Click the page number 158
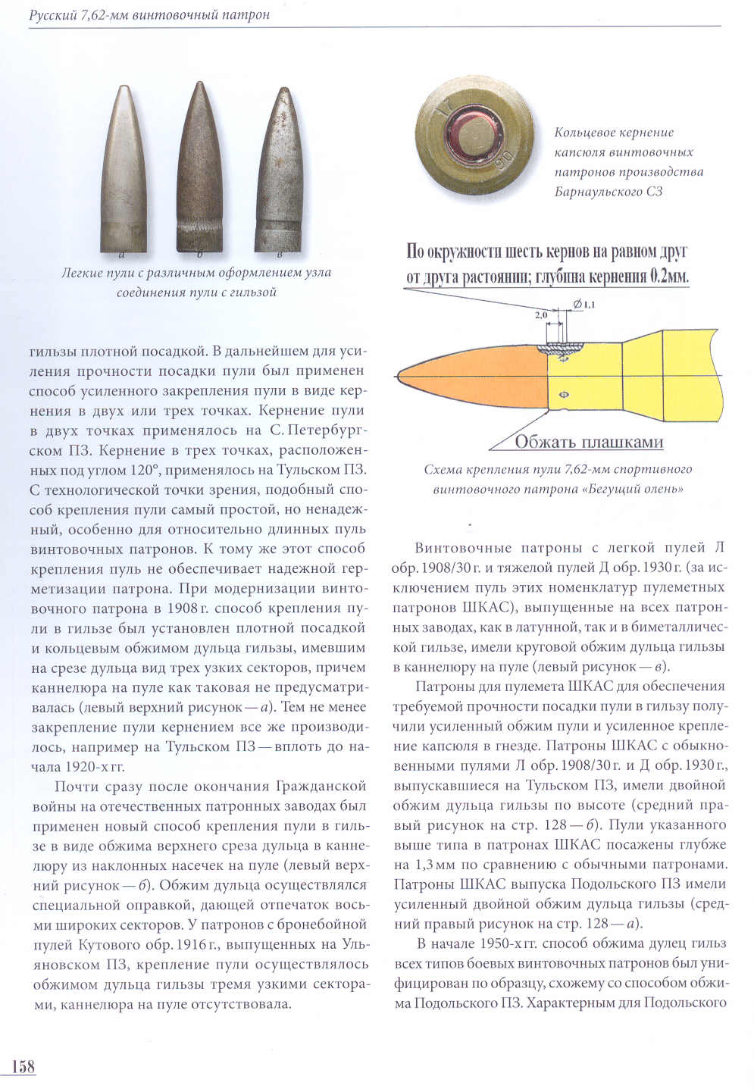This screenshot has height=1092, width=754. [23, 1066]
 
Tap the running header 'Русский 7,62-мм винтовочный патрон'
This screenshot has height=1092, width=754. [149, 14]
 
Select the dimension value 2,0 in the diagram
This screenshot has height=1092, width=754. [541, 313]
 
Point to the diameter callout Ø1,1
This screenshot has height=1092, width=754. [585, 305]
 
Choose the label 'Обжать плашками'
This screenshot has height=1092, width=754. [589, 442]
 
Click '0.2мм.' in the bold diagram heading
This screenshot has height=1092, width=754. [668, 276]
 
